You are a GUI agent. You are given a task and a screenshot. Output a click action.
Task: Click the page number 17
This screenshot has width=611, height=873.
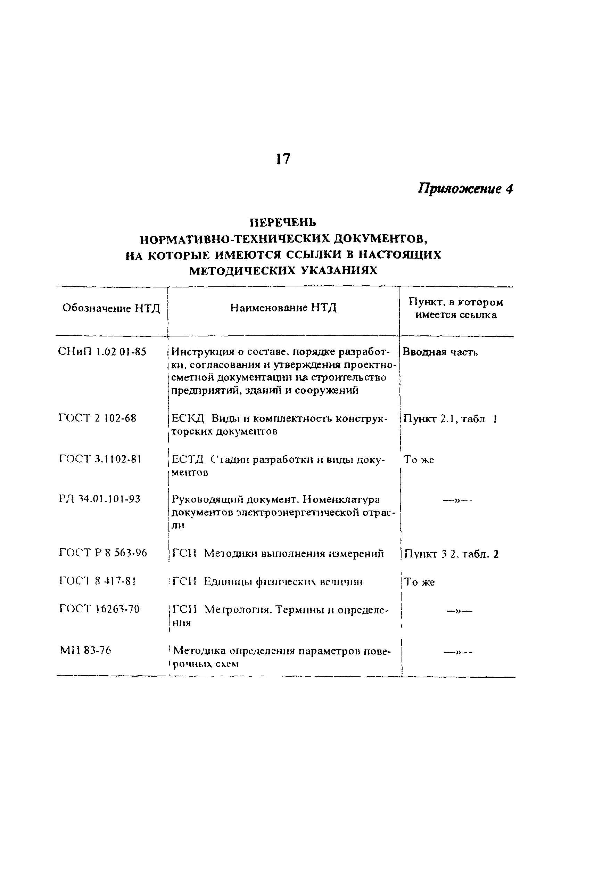tap(282, 158)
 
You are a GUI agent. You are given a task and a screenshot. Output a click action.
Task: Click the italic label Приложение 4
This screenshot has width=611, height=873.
tap(465, 189)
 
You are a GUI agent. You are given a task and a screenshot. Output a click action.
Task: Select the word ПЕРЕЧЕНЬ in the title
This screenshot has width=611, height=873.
tap(283, 222)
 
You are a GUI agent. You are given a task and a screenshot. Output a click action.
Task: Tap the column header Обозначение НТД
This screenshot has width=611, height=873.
tap(111, 308)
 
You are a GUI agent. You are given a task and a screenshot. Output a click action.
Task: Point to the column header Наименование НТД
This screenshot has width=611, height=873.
tap(283, 308)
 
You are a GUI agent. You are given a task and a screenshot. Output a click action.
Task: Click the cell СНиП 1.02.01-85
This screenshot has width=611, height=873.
tap(102, 352)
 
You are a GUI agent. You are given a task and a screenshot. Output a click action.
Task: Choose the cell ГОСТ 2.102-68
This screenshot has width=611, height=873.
tap(98, 418)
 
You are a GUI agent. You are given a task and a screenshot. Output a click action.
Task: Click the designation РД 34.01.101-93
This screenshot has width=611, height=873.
tap(100, 499)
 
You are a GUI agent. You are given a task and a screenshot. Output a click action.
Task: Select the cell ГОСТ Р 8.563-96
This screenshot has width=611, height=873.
tap(103, 553)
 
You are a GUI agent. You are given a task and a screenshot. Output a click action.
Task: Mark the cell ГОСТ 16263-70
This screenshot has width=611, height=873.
tap(100, 609)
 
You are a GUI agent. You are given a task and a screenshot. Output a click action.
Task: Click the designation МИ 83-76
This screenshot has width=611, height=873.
tap(85, 651)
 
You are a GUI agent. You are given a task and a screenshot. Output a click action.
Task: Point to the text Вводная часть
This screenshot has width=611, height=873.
tap(440, 352)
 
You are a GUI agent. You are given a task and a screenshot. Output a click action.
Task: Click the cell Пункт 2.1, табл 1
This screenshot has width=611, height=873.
tap(450, 419)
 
